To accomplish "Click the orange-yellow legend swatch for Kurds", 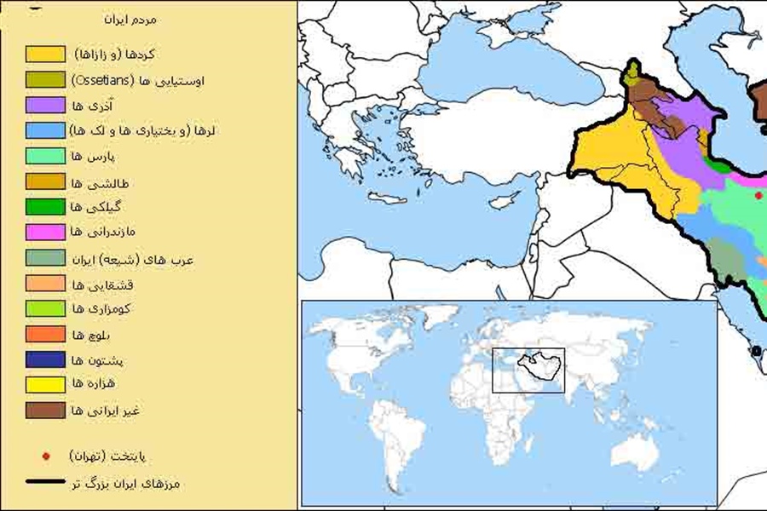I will (45, 55).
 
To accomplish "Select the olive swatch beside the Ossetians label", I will (45, 80).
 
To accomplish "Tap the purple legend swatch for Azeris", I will (45, 106).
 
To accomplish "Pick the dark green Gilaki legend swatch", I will (45, 206).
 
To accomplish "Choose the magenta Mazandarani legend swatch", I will (45, 232).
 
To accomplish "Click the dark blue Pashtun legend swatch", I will (45, 359).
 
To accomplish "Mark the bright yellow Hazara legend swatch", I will (45, 385).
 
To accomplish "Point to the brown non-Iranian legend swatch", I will (45, 411).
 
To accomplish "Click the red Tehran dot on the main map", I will (758, 196).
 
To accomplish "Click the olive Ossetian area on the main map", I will (631, 75).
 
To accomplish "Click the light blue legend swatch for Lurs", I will (45, 130).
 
